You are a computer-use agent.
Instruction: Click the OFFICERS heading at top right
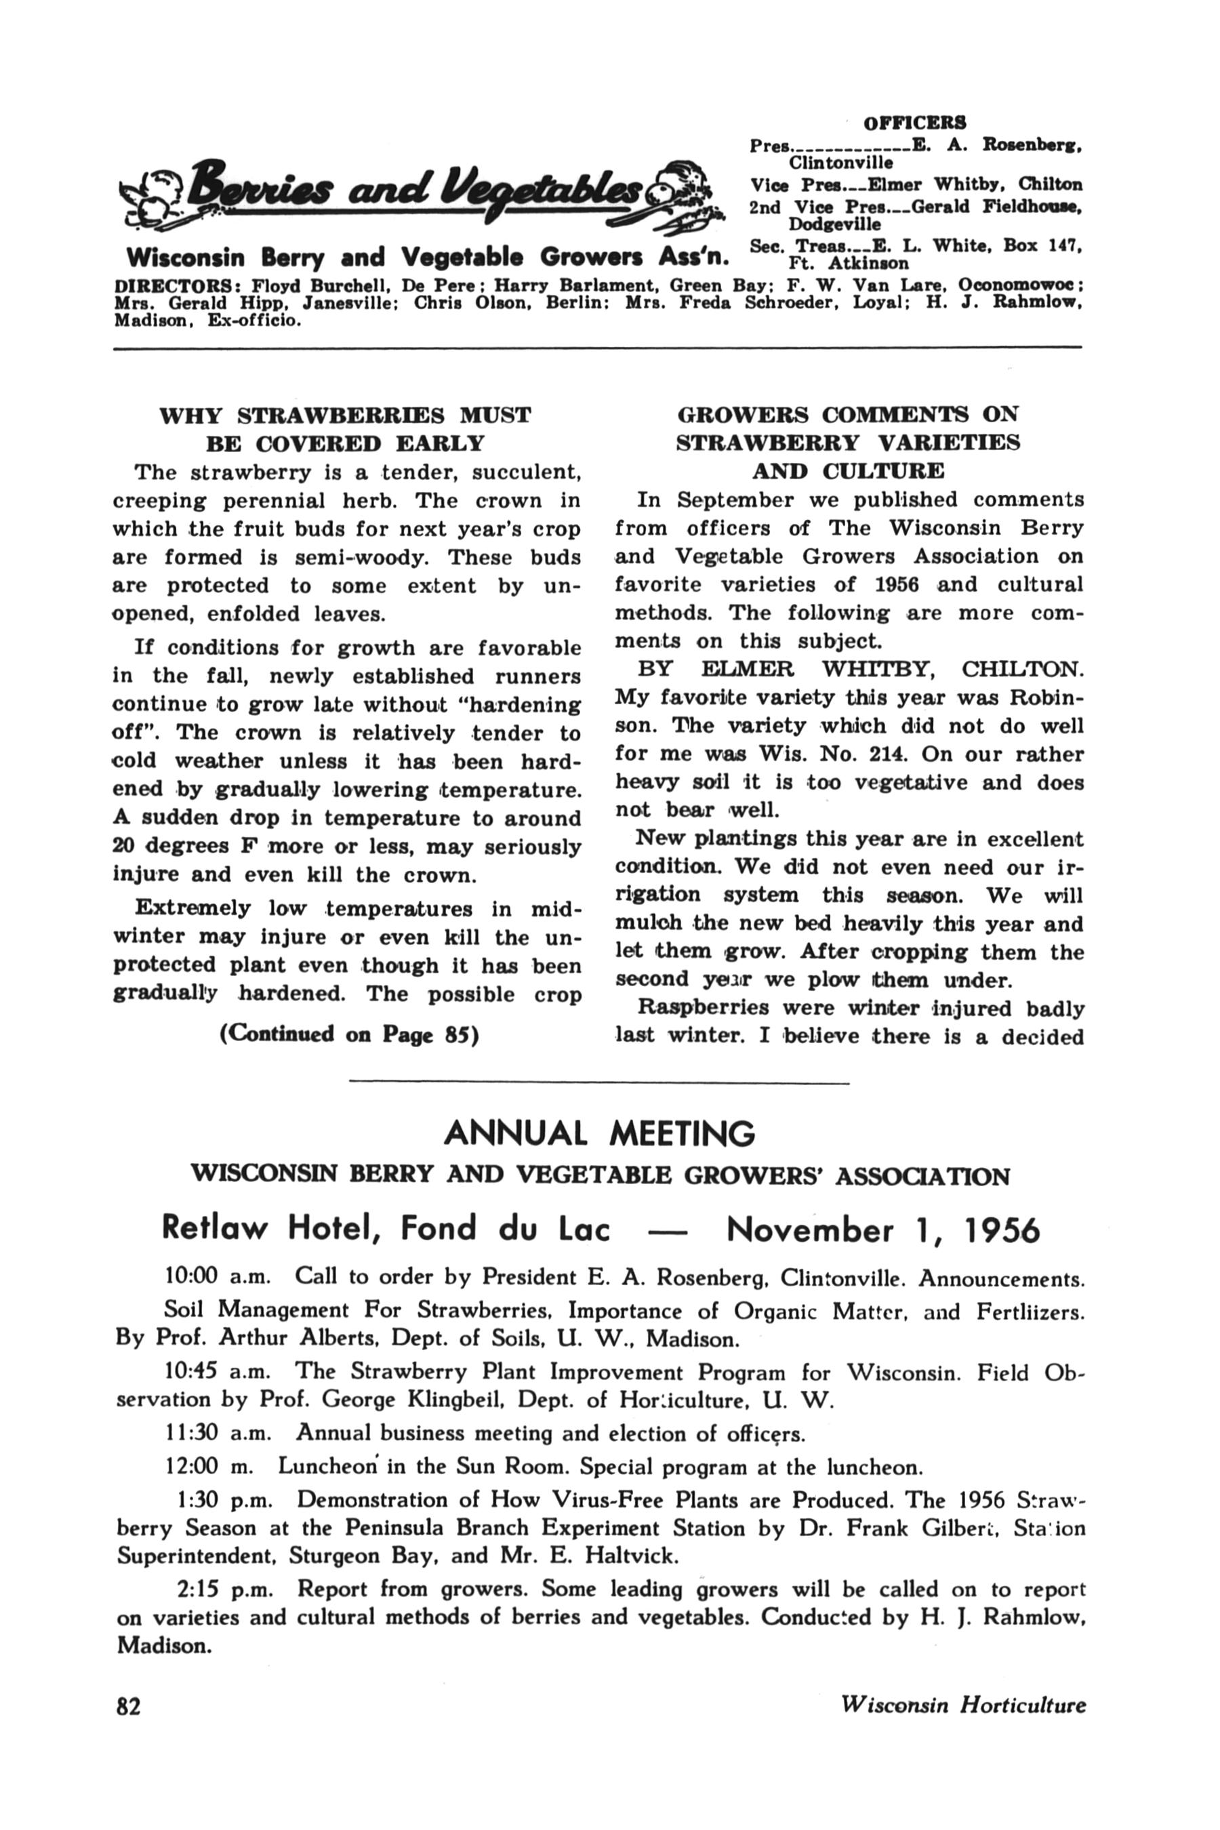(915, 123)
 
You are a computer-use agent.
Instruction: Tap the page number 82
(128, 1705)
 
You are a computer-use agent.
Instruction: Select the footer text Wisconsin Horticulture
(963, 1705)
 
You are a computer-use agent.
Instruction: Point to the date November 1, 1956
(882, 1230)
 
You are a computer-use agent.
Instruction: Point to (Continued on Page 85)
(349, 1034)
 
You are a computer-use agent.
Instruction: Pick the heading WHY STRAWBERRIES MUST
(345, 415)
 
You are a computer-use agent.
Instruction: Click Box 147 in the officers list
(1040, 245)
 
